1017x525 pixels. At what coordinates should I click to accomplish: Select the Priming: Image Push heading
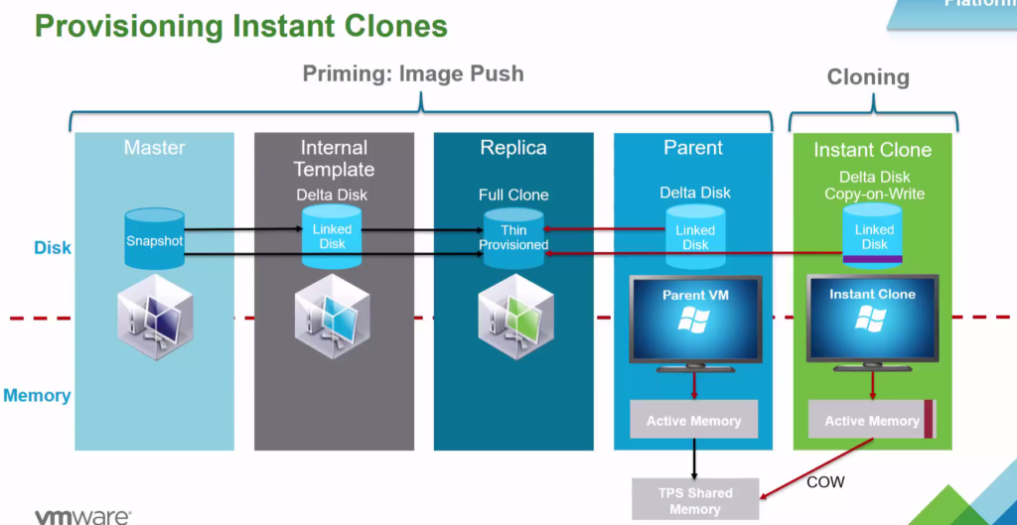412,73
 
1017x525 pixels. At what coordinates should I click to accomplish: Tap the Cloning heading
868,77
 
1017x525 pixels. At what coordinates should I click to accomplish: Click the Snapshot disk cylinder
155,239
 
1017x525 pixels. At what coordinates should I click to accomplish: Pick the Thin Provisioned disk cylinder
513,238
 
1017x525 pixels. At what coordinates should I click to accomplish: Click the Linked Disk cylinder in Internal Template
333,238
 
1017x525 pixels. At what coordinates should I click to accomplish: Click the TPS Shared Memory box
694,500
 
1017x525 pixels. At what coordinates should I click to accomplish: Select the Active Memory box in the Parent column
693,421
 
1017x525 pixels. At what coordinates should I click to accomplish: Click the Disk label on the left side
53,247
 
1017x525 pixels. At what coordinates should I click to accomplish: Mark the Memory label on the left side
37,396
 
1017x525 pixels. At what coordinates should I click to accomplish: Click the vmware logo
82,516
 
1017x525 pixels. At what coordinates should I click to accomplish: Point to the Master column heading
154,148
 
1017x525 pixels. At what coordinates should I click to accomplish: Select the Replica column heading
513,148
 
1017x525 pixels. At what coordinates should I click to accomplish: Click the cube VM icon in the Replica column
513,314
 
